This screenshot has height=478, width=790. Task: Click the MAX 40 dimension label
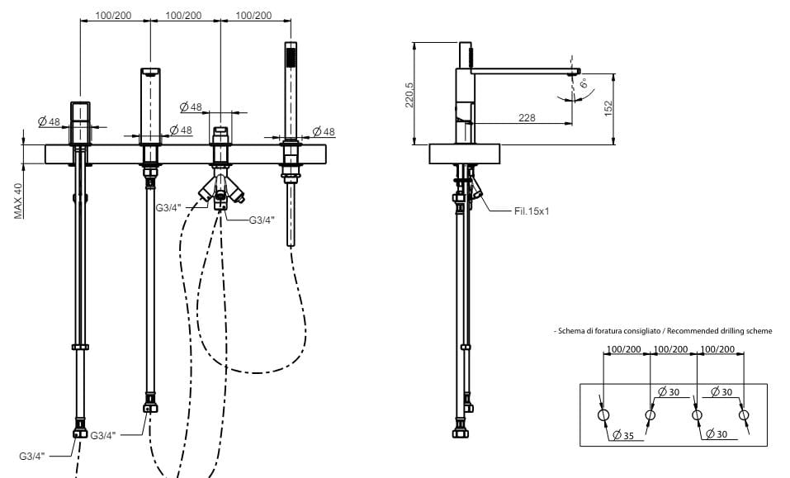[x=17, y=201]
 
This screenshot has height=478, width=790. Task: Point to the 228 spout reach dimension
[x=526, y=118]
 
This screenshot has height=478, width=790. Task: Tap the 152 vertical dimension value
[x=608, y=108]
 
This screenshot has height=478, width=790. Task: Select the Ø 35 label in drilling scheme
[x=624, y=435]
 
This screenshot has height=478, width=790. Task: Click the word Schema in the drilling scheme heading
[x=571, y=331]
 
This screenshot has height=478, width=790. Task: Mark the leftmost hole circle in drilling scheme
[x=603, y=414]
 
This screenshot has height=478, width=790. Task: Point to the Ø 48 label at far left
[x=49, y=122]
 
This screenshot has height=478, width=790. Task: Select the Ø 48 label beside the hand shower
[x=324, y=132]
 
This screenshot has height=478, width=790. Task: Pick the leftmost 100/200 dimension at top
[x=113, y=16]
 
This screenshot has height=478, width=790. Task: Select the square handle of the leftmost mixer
[x=79, y=121]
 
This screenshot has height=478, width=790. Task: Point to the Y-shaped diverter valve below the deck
[x=220, y=190]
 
